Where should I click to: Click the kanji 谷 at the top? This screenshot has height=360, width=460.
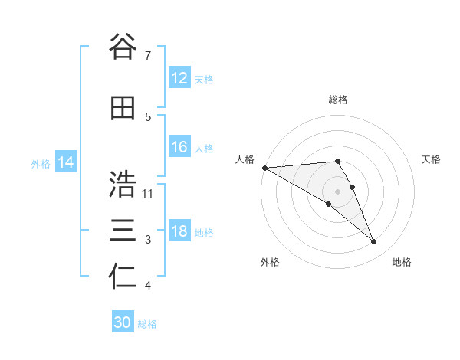tap(123, 47)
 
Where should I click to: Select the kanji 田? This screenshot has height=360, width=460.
tap(123, 109)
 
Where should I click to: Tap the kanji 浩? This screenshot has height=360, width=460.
tap(123, 185)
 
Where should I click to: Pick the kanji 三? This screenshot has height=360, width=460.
tap(123, 231)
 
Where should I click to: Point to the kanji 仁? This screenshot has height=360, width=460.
tap(123, 277)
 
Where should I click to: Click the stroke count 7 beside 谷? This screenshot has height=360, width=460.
tap(147, 56)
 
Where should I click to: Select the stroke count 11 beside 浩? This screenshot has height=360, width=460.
tap(148, 193)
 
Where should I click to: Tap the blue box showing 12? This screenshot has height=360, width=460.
tap(179, 78)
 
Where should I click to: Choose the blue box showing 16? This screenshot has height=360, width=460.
tap(179, 147)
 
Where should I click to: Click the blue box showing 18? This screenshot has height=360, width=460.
tap(179, 231)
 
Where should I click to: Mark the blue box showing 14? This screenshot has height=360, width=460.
tap(66, 162)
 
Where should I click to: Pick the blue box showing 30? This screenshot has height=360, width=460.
tap(123, 322)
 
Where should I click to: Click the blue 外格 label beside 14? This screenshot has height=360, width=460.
tap(41, 163)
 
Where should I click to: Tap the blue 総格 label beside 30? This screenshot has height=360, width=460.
tap(147, 324)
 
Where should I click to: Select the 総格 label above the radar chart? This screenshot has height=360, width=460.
tap(337, 100)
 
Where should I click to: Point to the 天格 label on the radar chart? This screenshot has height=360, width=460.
tap(432, 159)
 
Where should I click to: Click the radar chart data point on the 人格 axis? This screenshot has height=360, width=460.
tap(264, 167)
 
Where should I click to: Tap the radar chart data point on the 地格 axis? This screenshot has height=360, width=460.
tap(373, 241)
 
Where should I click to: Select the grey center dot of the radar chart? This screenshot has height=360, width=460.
tap(337, 191)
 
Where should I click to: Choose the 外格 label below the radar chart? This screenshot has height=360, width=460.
tap(270, 262)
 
